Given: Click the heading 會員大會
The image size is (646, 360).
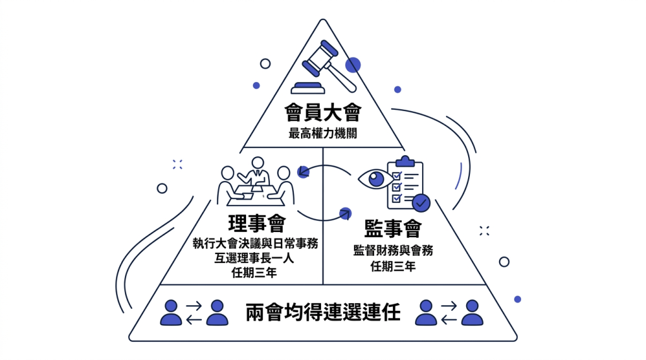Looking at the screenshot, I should click(x=322, y=113).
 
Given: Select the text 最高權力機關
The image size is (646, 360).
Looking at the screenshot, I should click(x=322, y=134).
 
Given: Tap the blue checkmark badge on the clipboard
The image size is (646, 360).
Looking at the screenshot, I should click(x=421, y=202).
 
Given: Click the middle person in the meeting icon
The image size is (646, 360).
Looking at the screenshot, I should click(x=257, y=171).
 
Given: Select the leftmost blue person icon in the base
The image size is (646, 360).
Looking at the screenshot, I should click(x=171, y=313).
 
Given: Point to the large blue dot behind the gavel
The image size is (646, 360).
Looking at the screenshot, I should click(x=353, y=64).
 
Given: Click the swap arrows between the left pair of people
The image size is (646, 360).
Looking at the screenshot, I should click(x=194, y=313).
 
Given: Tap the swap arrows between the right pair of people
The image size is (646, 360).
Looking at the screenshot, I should click(x=449, y=313).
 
